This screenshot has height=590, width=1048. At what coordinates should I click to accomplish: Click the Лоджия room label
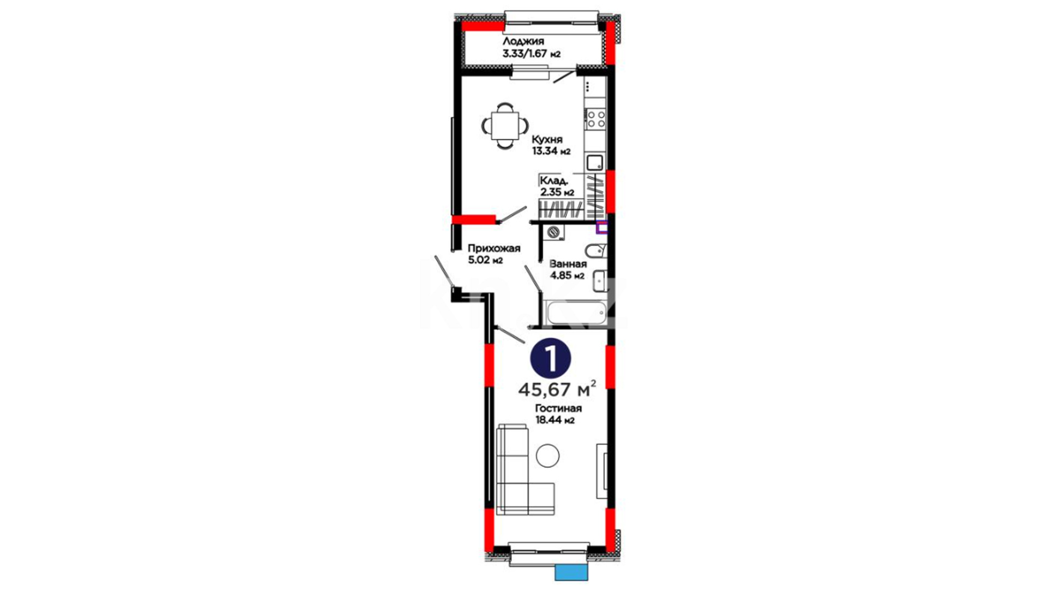(x=523, y=42)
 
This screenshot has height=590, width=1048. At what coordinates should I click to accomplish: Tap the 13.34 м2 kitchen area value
(x=551, y=151)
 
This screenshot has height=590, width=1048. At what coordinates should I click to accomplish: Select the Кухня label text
(x=547, y=140)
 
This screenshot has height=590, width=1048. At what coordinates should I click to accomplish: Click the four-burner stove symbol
(x=596, y=119)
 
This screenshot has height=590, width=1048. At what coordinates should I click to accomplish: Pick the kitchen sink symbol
(x=595, y=162)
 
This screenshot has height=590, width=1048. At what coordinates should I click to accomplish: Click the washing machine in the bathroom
(x=554, y=232)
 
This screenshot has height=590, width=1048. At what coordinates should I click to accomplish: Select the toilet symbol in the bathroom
(x=596, y=251)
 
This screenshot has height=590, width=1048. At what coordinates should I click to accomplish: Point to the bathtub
(x=576, y=313)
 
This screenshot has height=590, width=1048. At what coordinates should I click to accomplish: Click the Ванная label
(x=568, y=264)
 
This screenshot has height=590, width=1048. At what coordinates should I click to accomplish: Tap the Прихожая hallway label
(x=494, y=249)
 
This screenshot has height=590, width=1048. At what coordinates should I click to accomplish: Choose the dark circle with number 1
(x=551, y=359)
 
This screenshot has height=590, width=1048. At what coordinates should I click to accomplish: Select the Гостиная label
(x=558, y=409)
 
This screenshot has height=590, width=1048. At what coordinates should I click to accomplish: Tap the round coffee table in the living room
(x=547, y=456)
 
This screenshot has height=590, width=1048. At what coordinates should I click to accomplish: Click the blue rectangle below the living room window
(x=571, y=572)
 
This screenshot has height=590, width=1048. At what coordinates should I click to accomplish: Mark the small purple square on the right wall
(x=602, y=227)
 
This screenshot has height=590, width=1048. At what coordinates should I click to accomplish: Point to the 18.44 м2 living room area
(x=555, y=421)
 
